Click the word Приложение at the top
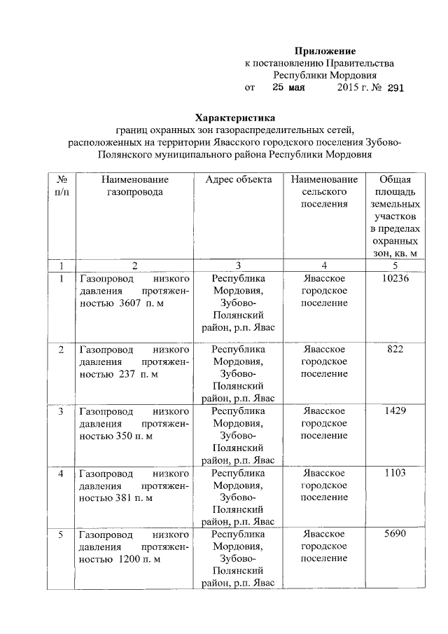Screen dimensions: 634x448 tap(325, 51)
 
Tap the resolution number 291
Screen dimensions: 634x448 tap(393, 88)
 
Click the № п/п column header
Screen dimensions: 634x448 tap(62, 186)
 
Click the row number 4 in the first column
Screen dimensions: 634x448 tap(62, 474)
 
